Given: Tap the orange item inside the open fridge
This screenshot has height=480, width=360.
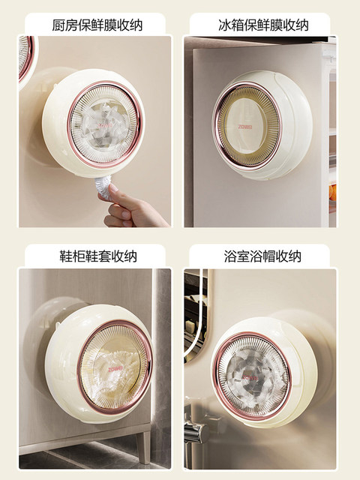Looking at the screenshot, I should [331, 197].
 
